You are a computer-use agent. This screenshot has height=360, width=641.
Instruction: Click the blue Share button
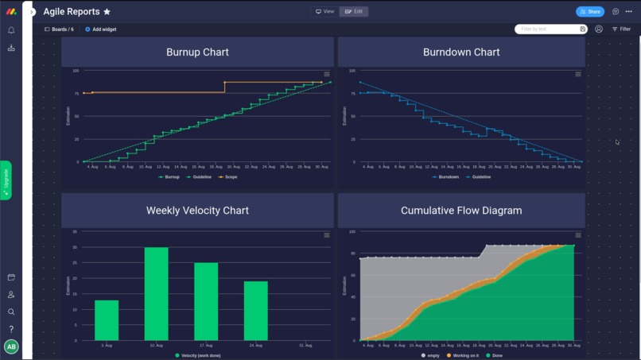(589, 12)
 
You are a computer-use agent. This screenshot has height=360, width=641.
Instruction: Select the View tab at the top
(324, 12)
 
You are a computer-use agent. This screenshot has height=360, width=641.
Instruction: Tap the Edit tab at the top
(354, 12)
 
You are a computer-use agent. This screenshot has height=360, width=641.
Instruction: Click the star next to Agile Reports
(107, 12)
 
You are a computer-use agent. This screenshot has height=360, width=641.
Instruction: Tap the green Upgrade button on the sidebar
(6, 180)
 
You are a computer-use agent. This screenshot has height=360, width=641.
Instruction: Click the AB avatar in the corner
(11, 346)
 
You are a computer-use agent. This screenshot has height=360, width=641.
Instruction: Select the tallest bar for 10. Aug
(156, 293)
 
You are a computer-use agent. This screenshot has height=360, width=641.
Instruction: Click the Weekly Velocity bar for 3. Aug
(107, 319)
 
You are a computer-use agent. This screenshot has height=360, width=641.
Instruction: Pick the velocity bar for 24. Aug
(255, 310)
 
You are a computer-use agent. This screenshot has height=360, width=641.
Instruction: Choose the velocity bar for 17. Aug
(206, 301)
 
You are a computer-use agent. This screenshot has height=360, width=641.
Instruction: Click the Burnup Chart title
(197, 52)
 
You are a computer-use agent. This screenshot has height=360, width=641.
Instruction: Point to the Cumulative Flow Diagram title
(461, 211)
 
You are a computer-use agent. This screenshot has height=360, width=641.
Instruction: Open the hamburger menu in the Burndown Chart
(578, 74)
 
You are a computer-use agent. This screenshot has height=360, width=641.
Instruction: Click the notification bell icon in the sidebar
(11, 30)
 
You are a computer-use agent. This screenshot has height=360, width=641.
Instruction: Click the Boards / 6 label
(60, 29)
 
